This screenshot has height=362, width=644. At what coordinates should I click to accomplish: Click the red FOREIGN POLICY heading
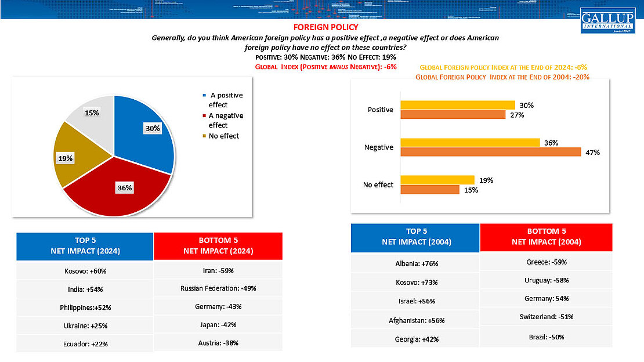(325, 27)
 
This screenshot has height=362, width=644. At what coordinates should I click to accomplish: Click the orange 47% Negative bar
(490, 152)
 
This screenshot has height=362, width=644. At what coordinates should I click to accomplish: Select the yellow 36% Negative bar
(470, 143)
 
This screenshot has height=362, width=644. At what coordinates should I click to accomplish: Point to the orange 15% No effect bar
(429, 189)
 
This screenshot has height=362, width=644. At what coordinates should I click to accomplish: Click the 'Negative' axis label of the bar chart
(378, 147)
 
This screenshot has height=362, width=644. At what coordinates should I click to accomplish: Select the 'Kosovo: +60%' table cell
(85, 271)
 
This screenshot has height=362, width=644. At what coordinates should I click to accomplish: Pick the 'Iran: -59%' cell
(218, 270)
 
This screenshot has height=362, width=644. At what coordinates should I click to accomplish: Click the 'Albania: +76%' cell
(415, 263)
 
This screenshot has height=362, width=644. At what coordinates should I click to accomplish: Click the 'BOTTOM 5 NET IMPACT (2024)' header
(218, 245)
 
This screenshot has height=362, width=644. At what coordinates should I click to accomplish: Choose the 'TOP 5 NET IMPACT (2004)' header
(415, 237)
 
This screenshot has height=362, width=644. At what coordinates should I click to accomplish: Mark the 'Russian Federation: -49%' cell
(218, 288)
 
